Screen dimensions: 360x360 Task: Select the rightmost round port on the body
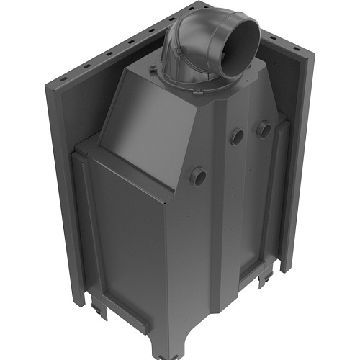264,130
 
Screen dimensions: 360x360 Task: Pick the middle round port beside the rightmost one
237,137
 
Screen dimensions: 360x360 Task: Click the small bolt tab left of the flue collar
154,69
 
